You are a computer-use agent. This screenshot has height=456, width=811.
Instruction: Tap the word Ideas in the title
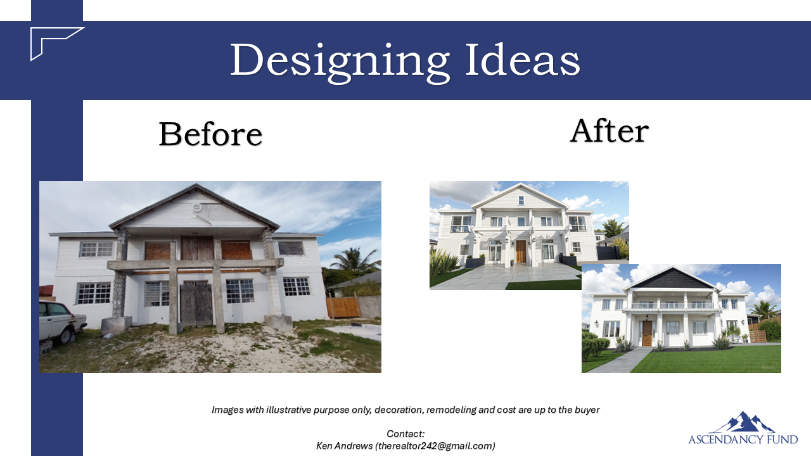tap(523, 60)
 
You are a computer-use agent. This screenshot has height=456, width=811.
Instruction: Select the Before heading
tap(210, 134)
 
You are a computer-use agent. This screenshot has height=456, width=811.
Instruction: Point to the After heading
tap(610, 130)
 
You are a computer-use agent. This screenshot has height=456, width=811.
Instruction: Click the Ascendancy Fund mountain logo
tap(743, 428)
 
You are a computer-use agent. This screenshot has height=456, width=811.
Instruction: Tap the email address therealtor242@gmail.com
tap(435, 446)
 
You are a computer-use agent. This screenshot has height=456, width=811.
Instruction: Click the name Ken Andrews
tap(344, 446)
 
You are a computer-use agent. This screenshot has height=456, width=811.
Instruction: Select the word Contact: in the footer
tap(405, 434)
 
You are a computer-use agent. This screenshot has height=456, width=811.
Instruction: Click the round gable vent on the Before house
tap(197, 208)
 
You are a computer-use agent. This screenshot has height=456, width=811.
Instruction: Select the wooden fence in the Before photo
tap(343, 307)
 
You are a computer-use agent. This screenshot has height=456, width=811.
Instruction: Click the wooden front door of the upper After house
tap(521, 251)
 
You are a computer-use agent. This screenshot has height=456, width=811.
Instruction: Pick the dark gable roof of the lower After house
tap(672, 279)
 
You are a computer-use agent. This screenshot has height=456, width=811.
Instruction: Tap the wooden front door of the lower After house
tap(647, 333)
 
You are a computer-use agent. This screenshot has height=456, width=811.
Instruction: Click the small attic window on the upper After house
tap(521, 200)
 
